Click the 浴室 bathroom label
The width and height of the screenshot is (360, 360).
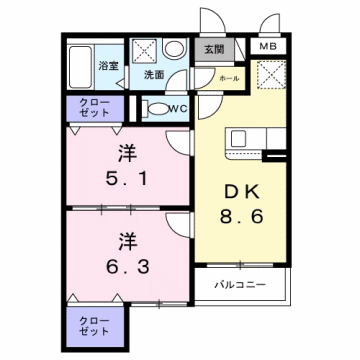click(x=106, y=66)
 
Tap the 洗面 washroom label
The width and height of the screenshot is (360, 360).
click(x=153, y=75)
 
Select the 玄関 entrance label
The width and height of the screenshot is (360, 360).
click(x=215, y=48)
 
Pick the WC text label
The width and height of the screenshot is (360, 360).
click(x=178, y=108)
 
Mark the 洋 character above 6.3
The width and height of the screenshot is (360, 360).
click(x=126, y=240)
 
